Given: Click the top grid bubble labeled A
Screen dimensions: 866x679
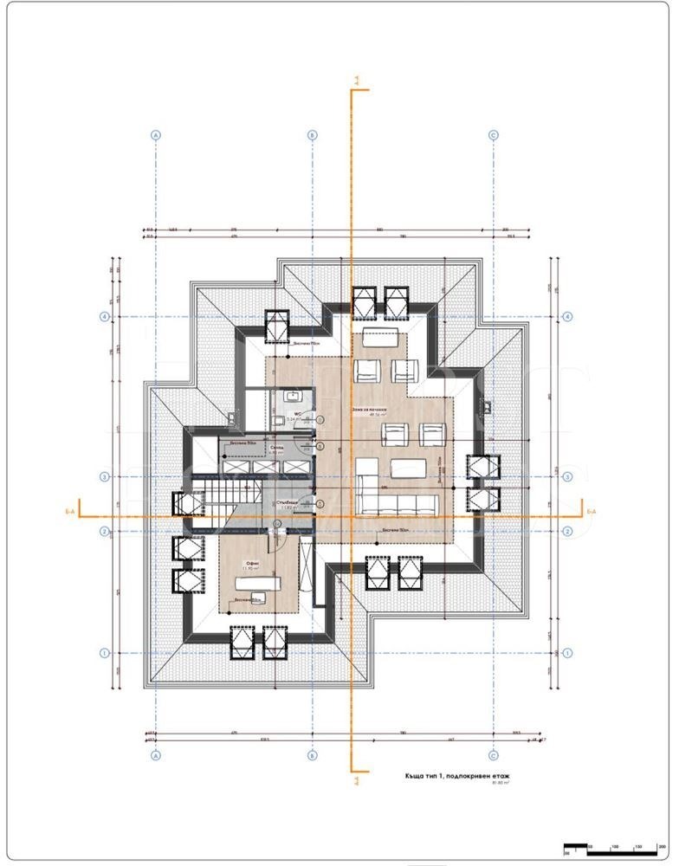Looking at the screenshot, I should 156,135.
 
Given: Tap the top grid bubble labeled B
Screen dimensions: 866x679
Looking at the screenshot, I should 313,135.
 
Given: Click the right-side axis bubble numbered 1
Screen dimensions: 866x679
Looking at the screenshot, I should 567,653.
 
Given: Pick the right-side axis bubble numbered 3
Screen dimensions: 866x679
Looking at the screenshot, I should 567,477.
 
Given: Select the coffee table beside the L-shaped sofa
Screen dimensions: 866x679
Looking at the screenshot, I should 408,469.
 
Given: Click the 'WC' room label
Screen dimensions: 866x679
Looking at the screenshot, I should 295,414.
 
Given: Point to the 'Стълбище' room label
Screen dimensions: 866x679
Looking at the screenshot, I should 288,502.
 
